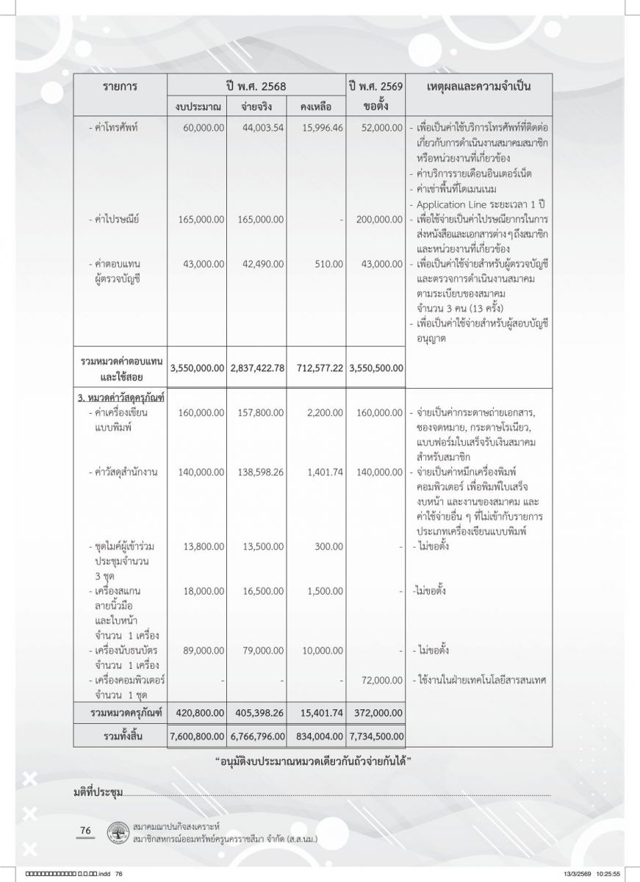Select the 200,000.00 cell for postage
377,219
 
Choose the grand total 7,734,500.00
377,734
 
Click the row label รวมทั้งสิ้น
121,734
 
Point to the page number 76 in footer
85,831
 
